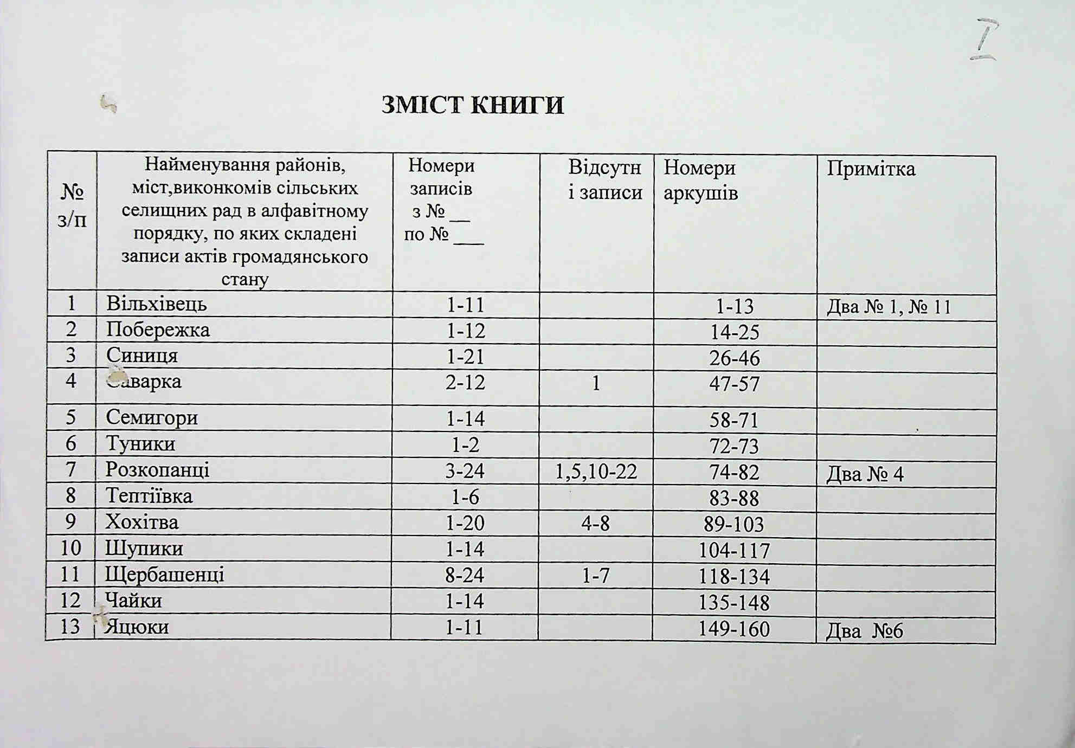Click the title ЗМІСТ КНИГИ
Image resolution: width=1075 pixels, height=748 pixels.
pyautogui.click(x=472, y=105)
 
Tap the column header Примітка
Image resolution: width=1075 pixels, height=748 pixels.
pyautogui.click(x=871, y=169)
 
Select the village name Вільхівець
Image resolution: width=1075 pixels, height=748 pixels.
pyautogui.click(x=157, y=304)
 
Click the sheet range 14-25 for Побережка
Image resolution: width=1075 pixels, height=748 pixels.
pyautogui.click(x=735, y=332)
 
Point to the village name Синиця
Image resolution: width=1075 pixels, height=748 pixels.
pyautogui.click(x=142, y=356)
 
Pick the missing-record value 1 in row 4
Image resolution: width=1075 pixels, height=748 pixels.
pyautogui.click(x=596, y=384)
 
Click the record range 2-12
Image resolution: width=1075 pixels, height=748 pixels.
pyautogui.click(x=465, y=383)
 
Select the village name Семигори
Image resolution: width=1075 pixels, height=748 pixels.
pyautogui.click(x=152, y=417)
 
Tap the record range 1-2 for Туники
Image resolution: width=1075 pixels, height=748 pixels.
pyautogui.click(x=465, y=445)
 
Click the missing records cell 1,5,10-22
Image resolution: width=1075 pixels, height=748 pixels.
pyautogui.click(x=596, y=472)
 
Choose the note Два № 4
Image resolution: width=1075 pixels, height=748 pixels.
pyautogui.click(x=865, y=475)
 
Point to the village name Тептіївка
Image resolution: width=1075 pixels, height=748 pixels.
pyautogui.click(x=149, y=496)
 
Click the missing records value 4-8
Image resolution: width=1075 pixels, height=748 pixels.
pyautogui.click(x=595, y=524)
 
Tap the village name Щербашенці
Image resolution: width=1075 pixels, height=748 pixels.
pyautogui.click(x=165, y=575)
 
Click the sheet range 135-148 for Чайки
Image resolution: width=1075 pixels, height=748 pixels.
pyautogui.click(x=734, y=603)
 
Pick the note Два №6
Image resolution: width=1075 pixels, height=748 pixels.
pyautogui.click(x=864, y=631)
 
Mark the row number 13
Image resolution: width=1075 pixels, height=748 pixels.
pyautogui.click(x=70, y=627)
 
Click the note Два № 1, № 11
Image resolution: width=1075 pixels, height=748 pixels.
pyautogui.click(x=889, y=308)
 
